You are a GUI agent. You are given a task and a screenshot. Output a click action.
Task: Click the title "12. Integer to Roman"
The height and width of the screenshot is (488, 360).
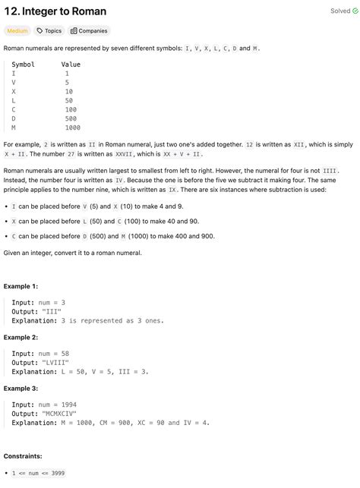55,11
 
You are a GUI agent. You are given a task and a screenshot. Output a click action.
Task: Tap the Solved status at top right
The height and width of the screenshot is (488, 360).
340,11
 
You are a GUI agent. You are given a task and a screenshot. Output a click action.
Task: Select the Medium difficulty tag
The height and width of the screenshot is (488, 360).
17,31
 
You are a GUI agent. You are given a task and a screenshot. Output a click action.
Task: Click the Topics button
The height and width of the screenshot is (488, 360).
49,31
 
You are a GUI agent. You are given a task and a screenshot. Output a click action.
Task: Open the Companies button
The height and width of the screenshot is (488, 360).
89,31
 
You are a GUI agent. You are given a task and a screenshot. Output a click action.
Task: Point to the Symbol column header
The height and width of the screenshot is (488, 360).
23,65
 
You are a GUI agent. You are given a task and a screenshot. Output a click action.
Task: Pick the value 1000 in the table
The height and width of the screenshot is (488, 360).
72,128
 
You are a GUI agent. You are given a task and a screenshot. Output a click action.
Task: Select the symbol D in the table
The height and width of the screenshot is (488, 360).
14,118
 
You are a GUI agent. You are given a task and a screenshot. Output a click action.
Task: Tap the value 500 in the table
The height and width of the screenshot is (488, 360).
70,118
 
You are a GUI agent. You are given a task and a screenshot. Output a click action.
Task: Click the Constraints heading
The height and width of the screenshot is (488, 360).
23,456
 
